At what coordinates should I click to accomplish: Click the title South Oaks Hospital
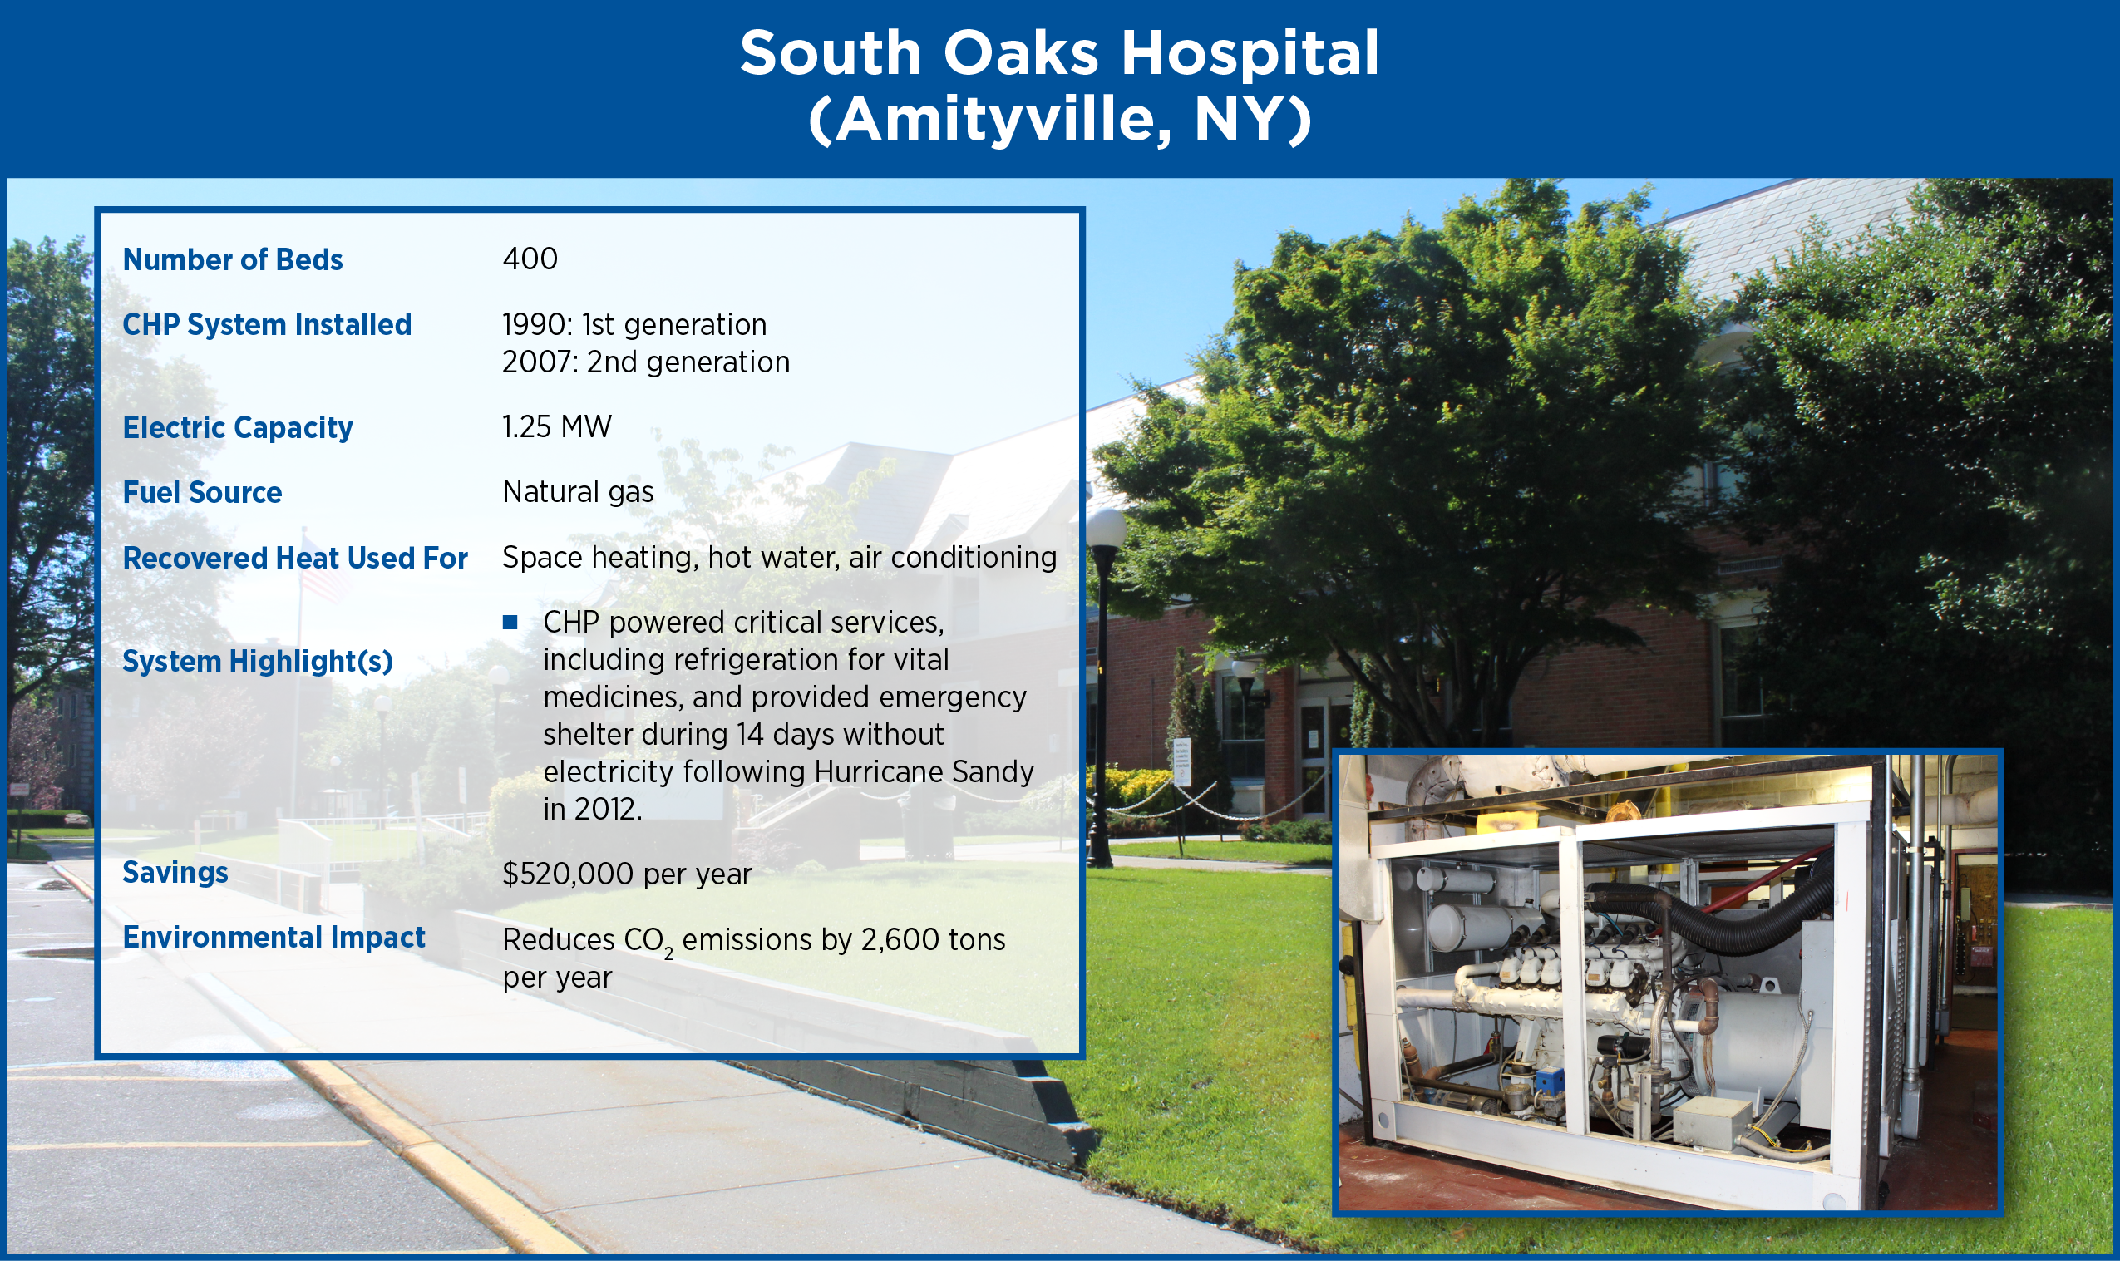click(x=1058, y=52)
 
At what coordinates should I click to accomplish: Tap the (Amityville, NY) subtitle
click(x=1059, y=120)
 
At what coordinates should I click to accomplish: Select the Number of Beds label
click(x=232, y=259)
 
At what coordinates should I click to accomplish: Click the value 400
click(x=530, y=259)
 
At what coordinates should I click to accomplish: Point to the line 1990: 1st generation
click(x=634, y=324)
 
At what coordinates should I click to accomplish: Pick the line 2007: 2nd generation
click(x=646, y=362)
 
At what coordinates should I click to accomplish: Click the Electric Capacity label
click(x=237, y=427)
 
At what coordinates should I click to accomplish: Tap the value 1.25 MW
click(x=556, y=426)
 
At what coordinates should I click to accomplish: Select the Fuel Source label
click(x=202, y=493)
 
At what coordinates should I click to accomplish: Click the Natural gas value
click(x=578, y=492)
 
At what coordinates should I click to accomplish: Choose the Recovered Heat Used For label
click(x=295, y=559)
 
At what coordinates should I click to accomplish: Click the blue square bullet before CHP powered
click(x=510, y=622)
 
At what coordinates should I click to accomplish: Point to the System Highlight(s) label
click(x=258, y=661)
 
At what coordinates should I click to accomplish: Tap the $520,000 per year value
click(x=627, y=874)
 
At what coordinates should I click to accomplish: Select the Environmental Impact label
click(x=274, y=938)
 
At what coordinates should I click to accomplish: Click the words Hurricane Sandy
click(x=924, y=771)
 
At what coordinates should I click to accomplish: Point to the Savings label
click(x=175, y=873)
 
